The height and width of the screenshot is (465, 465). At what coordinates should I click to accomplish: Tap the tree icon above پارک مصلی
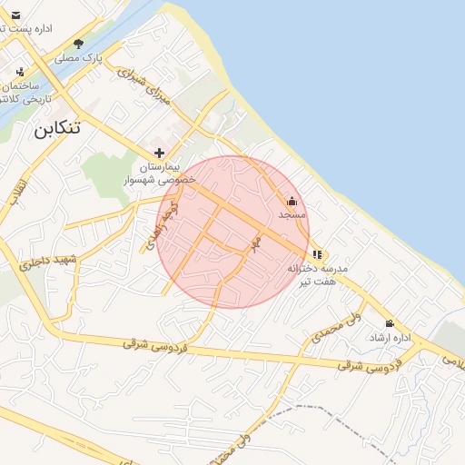pyautogui.click(x=79, y=44)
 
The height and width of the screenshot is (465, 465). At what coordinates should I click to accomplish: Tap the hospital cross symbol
pyautogui.click(x=160, y=153)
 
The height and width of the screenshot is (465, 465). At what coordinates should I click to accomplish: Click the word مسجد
pyautogui.click(x=292, y=215)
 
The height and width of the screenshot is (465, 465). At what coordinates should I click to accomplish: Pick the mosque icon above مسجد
pyautogui.click(x=292, y=202)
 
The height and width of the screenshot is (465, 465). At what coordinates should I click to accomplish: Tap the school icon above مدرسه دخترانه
pyautogui.click(x=317, y=254)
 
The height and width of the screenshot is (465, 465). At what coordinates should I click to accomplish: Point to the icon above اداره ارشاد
pyautogui.click(x=390, y=323)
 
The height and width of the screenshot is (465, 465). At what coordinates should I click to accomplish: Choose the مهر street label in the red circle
pyautogui.click(x=256, y=243)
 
